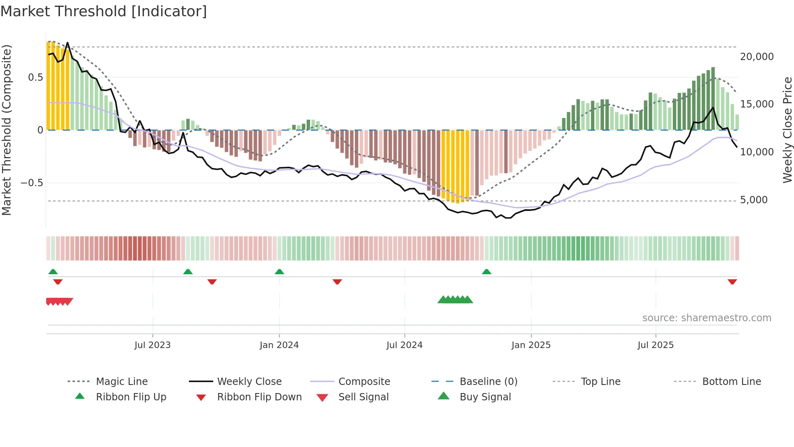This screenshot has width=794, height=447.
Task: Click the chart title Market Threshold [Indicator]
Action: (104, 11)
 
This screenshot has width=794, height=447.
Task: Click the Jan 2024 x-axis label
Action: (279, 345)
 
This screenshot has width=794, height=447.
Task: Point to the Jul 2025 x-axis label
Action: (655, 345)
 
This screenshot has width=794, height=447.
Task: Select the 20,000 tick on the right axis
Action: (757, 57)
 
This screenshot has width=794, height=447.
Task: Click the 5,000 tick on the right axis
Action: (753, 200)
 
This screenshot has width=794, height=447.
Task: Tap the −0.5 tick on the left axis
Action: (32, 183)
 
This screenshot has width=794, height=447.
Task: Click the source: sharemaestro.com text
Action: (706, 318)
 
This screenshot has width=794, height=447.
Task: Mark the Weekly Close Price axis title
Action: (787, 130)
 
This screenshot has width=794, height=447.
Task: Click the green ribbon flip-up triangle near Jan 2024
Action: (280, 272)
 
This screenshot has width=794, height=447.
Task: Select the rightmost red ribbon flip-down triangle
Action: (732, 282)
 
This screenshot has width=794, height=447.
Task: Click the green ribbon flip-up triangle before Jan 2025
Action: (487, 272)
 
